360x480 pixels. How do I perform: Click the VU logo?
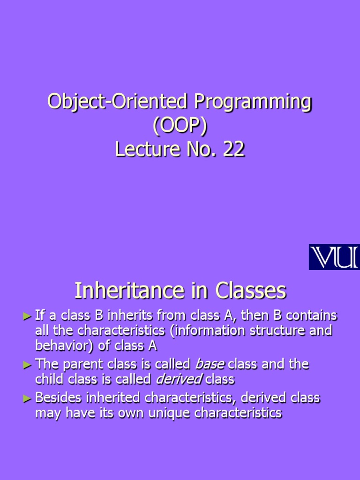point(334,257)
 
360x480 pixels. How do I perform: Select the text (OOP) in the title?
point(180,126)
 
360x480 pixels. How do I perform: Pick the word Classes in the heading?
point(251,292)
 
